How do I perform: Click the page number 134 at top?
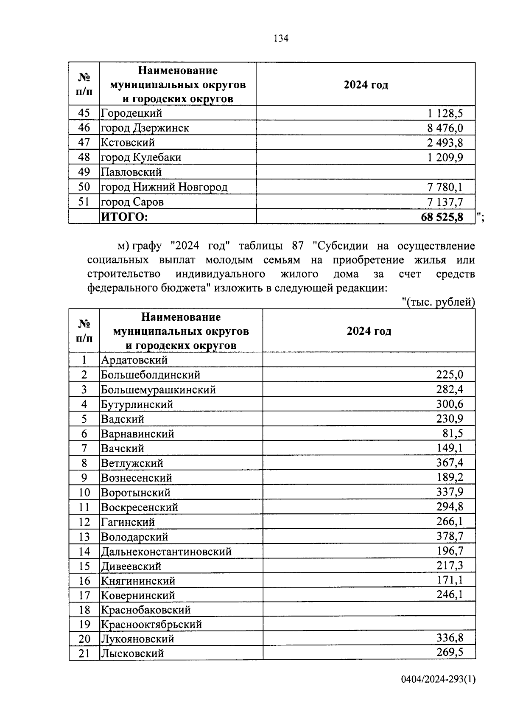(x=281, y=39)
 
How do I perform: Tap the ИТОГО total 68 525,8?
(x=442, y=217)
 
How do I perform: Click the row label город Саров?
(x=132, y=202)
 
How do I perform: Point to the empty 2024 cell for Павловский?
(x=365, y=172)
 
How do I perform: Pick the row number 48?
(x=84, y=157)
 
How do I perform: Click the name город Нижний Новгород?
(x=164, y=187)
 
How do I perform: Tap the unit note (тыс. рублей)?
(x=438, y=302)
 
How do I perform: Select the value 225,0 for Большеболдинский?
(x=450, y=375)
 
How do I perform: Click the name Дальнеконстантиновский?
(x=166, y=552)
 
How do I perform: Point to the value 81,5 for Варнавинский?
(x=453, y=433)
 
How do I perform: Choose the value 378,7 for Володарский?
(x=450, y=536)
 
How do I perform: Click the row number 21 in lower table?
(x=84, y=653)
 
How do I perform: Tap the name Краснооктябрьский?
(x=151, y=624)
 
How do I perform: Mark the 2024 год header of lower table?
(x=369, y=331)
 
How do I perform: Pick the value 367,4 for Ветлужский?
(x=450, y=462)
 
